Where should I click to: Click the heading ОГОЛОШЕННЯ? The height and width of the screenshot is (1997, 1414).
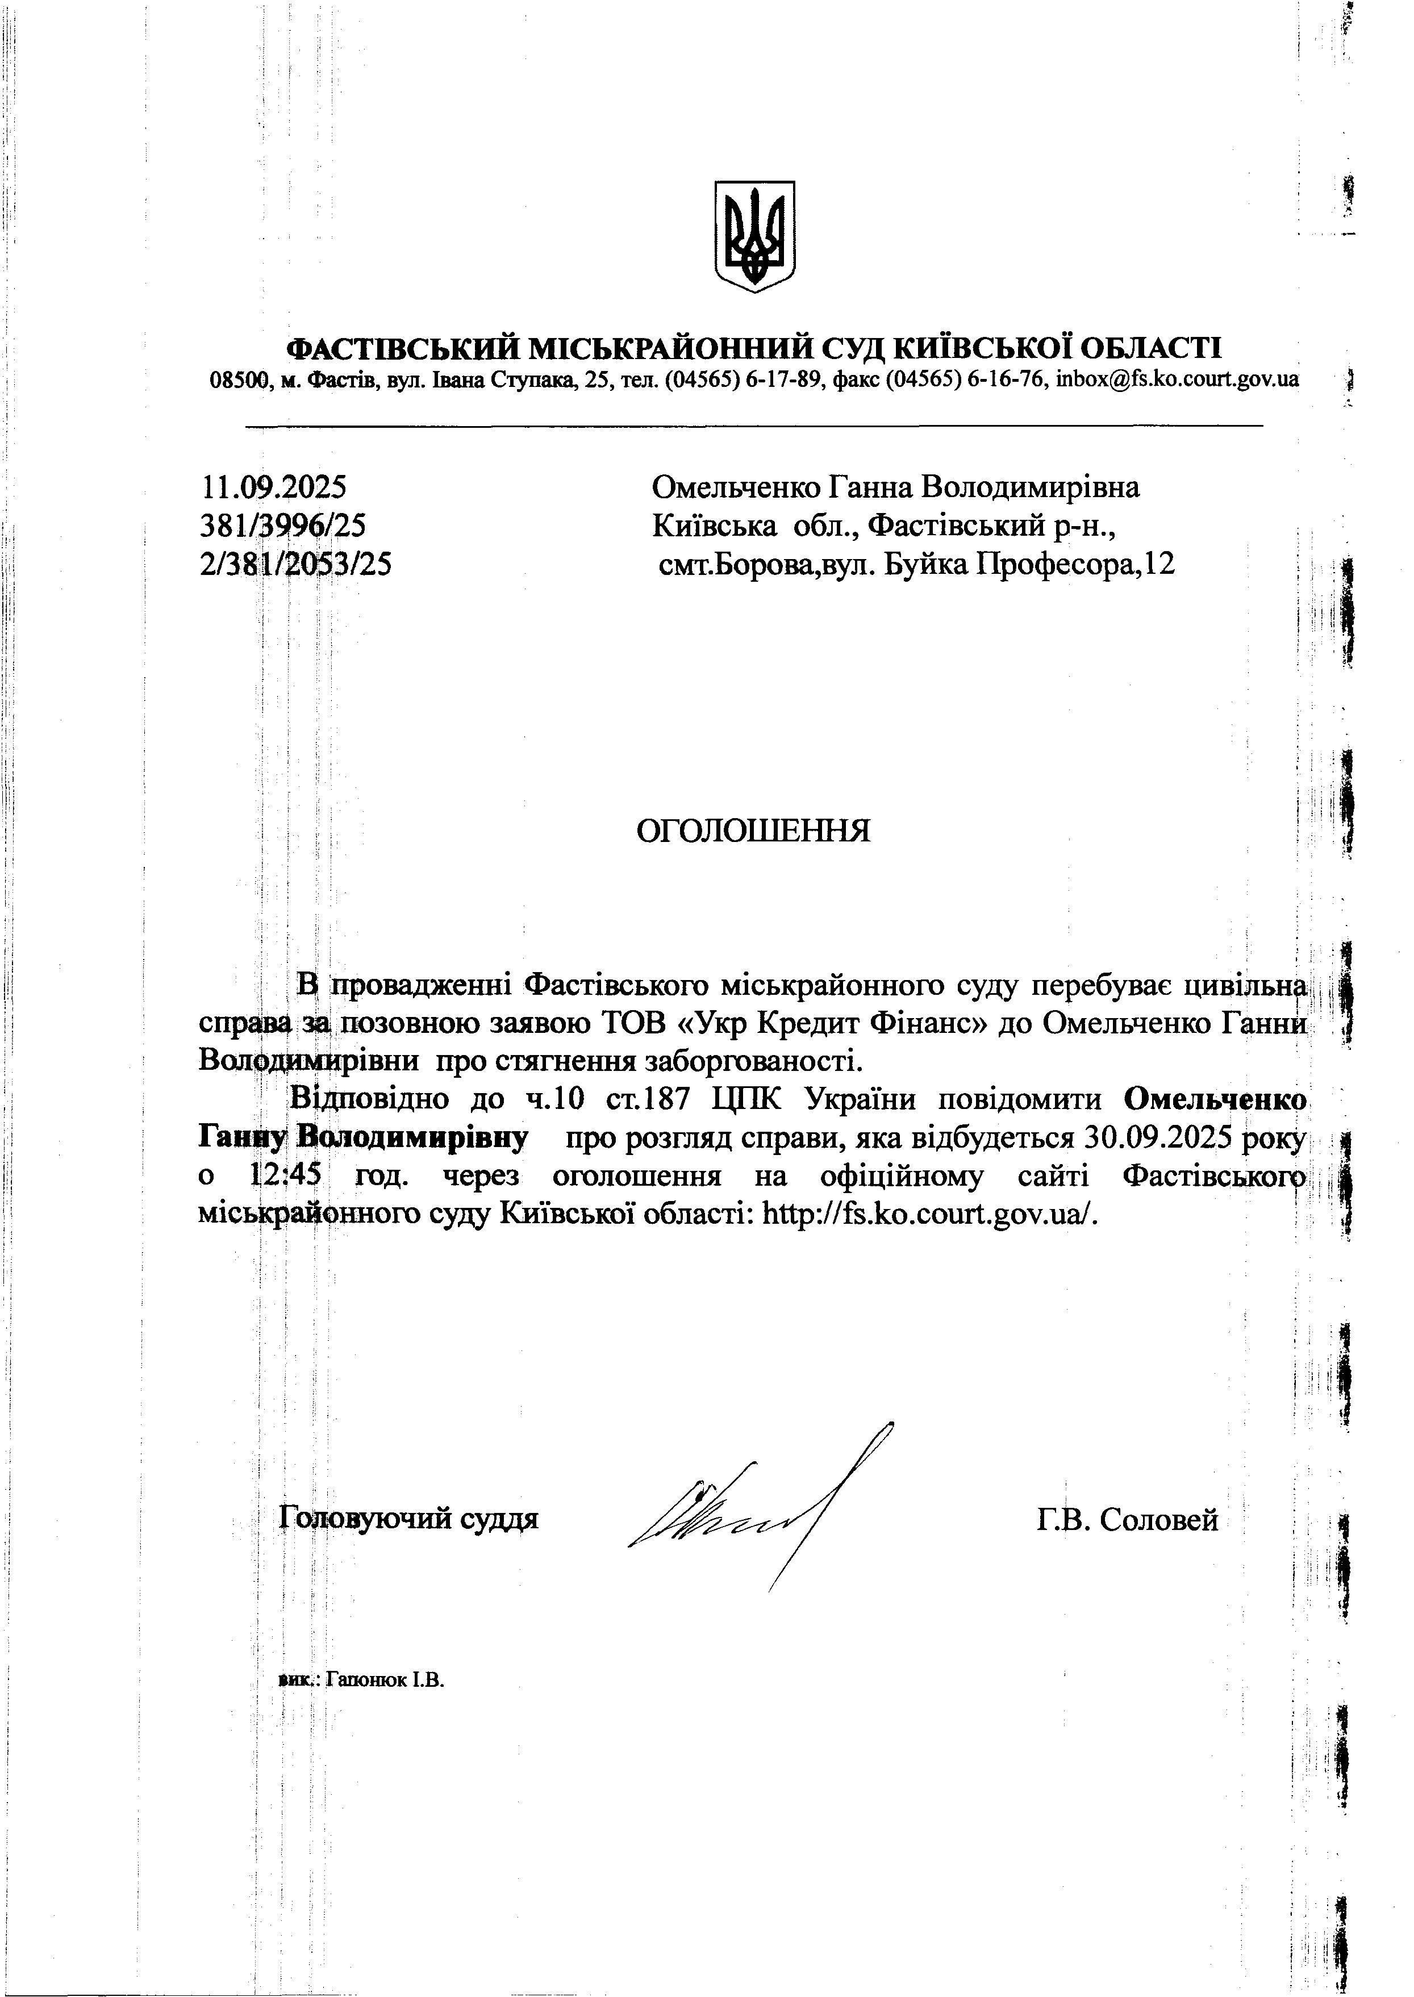tap(753, 831)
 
